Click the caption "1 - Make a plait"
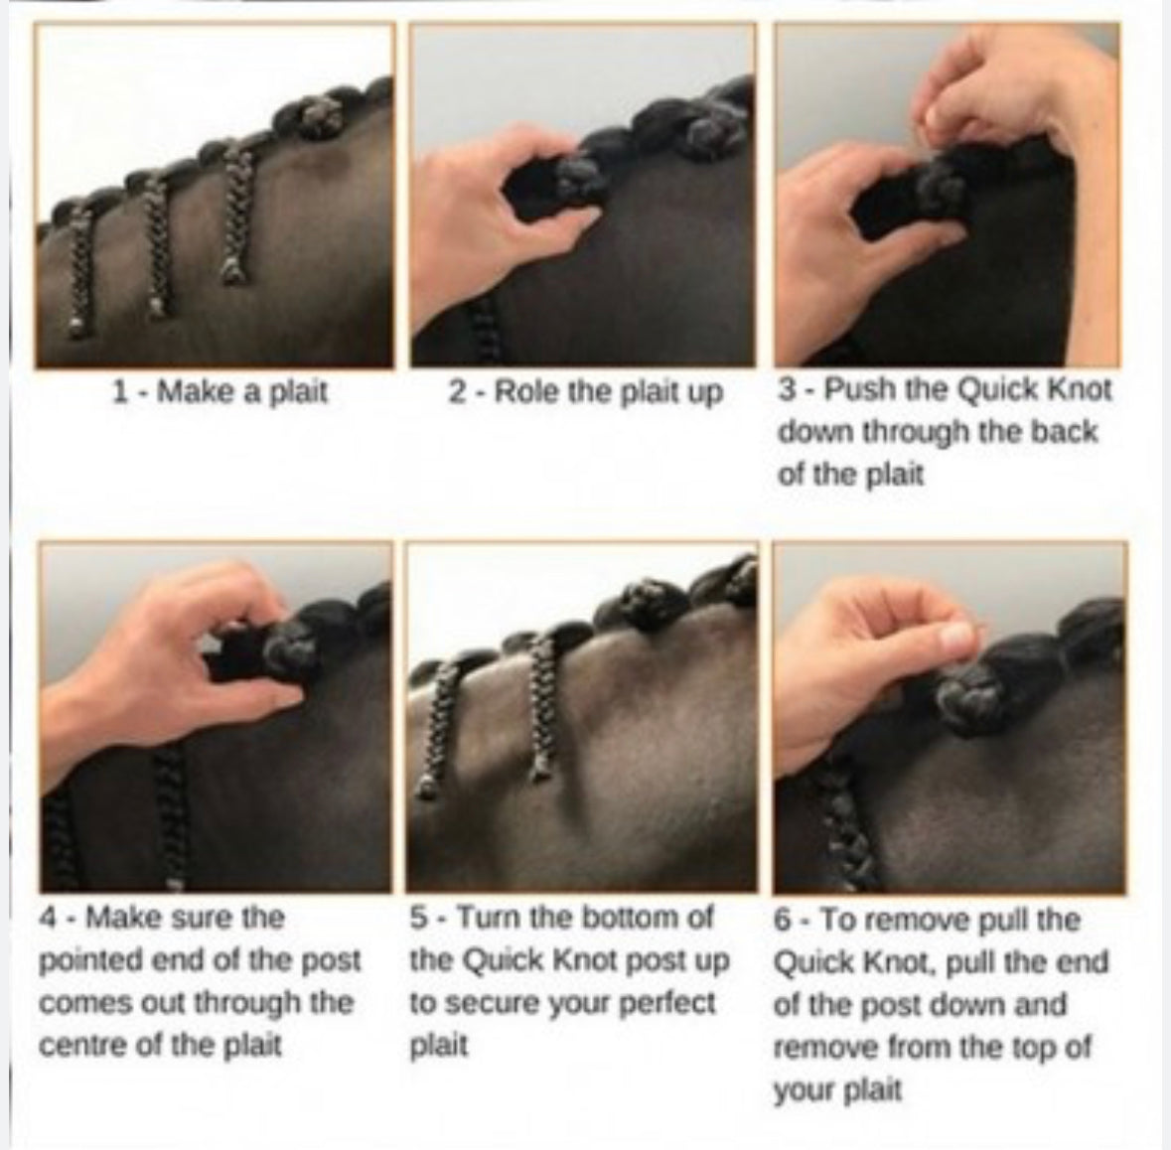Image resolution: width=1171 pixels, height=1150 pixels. point(219,392)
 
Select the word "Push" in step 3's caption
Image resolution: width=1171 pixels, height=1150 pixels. point(860,389)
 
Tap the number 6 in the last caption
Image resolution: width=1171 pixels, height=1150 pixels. point(783,920)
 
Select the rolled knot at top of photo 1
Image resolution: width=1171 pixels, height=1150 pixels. point(319,116)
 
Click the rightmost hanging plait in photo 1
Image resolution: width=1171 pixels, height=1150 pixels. point(232,209)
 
